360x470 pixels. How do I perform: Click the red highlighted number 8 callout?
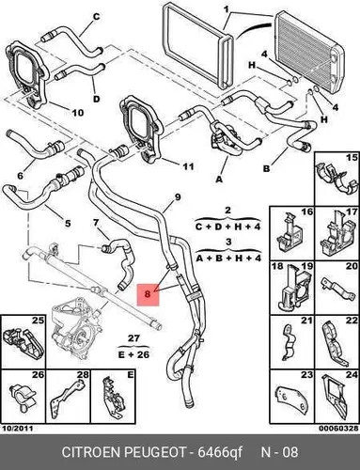pos(148,294)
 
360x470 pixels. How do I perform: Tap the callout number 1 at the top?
pos(227,9)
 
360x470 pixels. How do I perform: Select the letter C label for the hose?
pos(97,17)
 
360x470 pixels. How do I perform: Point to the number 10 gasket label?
pos(78,113)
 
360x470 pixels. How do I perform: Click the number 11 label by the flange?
pos(188,166)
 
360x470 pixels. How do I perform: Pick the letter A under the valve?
pos(219,180)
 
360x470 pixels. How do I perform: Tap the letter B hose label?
pos(266,169)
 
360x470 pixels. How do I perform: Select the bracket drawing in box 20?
pos(338,290)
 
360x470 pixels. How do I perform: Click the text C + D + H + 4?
pos(227,227)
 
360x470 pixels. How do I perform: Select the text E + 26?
pos(133,354)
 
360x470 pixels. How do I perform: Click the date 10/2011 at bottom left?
pos(17,428)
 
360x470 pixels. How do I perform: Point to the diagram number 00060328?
pos(338,428)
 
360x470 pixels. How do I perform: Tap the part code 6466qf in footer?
pos(220,452)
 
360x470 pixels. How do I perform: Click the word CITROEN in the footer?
pos(91,452)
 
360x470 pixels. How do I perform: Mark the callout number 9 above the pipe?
pos(178,197)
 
